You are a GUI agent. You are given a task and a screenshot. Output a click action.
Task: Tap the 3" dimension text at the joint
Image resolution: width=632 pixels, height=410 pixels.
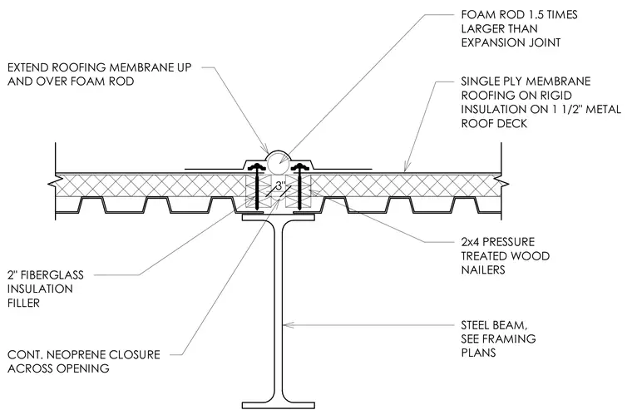[x=280, y=186]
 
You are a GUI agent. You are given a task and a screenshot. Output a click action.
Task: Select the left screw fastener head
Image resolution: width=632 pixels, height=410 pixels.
[x=256, y=166]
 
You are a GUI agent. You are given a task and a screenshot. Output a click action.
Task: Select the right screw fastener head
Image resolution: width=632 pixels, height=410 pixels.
[x=301, y=166]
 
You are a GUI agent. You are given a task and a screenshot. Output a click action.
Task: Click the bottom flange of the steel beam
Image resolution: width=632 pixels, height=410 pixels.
[x=278, y=405]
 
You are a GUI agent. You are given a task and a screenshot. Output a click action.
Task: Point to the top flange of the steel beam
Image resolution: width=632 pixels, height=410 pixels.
[x=278, y=218]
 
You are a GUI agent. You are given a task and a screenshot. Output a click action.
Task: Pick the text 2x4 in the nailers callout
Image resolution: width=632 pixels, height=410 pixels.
[x=470, y=242]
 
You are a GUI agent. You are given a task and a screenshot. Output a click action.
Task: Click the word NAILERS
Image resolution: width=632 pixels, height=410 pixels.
[x=483, y=269]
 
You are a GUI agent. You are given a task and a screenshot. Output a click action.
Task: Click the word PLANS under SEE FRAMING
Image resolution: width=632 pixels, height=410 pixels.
[x=478, y=353]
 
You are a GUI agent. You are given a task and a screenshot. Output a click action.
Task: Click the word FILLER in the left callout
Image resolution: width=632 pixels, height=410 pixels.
[x=24, y=303]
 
